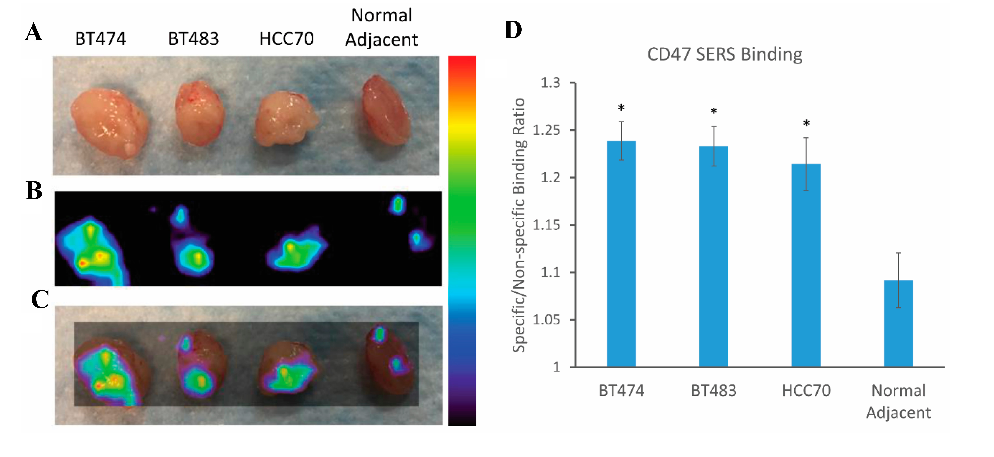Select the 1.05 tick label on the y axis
click(x=546, y=320)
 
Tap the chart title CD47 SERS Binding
click(x=725, y=54)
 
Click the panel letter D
click(x=513, y=30)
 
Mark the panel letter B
click(x=34, y=190)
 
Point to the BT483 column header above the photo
click(x=193, y=39)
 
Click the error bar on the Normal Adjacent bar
click(x=898, y=270)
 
